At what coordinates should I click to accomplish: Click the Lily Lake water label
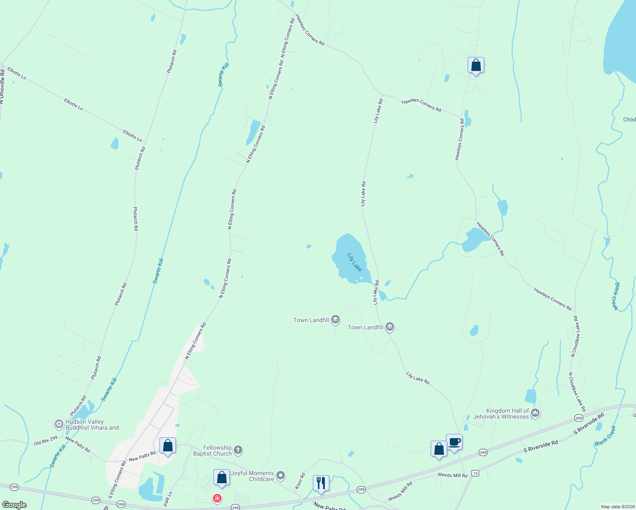coord(355,262)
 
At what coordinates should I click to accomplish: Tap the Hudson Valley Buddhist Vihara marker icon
coord(59,424)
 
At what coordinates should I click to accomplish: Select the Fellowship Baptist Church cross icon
coord(238,450)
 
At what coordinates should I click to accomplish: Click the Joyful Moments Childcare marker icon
coord(280,476)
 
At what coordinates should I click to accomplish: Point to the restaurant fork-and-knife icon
coord(321,483)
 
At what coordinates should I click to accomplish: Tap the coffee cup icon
coord(454,442)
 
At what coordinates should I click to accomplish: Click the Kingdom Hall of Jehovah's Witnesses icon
coord(535,413)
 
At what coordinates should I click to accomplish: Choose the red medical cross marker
coord(217,498)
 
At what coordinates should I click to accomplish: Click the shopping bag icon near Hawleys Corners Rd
coord(476,65)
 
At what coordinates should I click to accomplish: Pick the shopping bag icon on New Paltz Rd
coord(168,446)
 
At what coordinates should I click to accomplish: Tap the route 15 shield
coord(475,473)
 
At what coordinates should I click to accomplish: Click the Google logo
coord(14,505)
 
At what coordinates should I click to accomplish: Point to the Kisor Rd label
coord(301,481)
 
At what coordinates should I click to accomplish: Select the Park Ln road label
coord(168,499)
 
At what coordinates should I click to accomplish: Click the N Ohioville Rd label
coord(2,87)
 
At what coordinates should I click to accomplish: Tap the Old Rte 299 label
coord(45,441)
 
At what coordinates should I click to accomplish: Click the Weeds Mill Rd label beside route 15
coord(452,475)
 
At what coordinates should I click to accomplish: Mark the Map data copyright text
coord(617,507)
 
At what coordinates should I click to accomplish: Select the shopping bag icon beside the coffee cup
coord(439,449)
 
